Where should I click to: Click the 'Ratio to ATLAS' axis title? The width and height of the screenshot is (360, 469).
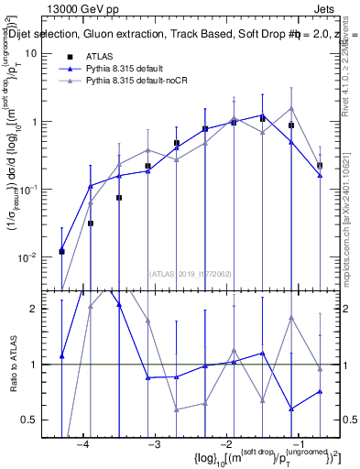coord(13,366)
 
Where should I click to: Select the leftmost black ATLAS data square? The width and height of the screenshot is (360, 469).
coord(61,251)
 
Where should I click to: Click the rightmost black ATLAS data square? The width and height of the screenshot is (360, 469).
coord(320,165)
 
